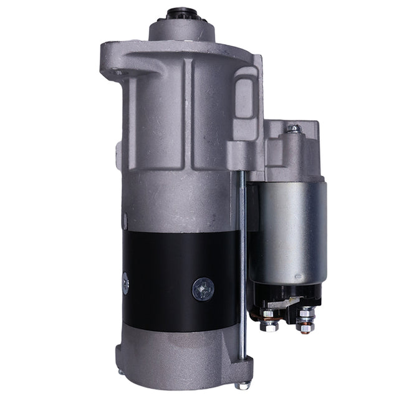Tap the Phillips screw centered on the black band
[203, 288]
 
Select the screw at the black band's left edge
[125, 283]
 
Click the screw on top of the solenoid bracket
[293, 129]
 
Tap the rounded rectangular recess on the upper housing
[244, 97]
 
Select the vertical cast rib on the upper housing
[187, 112]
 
